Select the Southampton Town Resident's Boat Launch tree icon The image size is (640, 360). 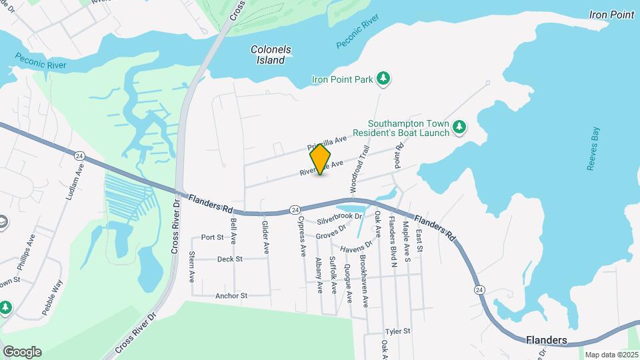tap(459, 126)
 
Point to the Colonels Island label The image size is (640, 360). tap(268, 55)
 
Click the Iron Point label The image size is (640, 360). tap(611, 15)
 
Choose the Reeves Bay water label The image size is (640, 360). tap(593, 149)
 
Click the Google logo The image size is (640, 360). tap(22, 352)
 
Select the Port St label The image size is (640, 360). tap(212, 237)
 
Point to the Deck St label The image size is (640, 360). tap(229, 259)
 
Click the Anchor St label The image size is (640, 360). tap(231, 295)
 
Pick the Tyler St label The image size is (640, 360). tap(397, 331)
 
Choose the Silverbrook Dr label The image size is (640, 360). tap(339, 217)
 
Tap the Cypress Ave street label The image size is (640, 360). tap(301, 236)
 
